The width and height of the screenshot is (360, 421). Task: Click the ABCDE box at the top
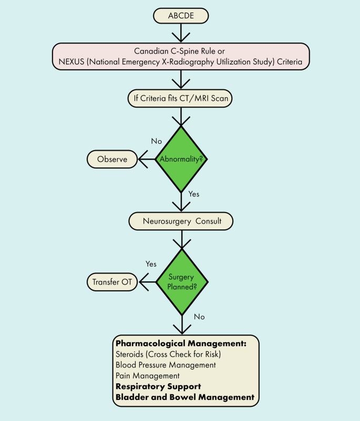pyautogui.click(x=180, y=16)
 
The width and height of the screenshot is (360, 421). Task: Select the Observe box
pyautogui.click(x=112, y=159)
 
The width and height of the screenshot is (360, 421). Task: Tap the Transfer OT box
pyautogui.click(x=111, y=282)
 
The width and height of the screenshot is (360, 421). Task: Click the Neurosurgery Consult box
pyautogui.click(x=181, y=221)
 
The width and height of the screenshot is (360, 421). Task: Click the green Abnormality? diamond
pyautogui.click(x=181, y=159)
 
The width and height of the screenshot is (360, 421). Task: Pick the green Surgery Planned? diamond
pyautogui.click(x=181, y=281)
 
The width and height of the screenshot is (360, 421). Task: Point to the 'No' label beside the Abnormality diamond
pyautogui.click(x=156, y=141)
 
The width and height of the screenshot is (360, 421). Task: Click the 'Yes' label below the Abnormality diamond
pyautogui.click(x=194, y=194)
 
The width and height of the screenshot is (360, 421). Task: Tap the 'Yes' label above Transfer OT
pyautogui.click(x=151, y=264)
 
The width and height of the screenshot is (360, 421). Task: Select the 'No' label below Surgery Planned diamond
pyautogui.click(x=199, y=317)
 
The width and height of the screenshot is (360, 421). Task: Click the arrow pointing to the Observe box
pyautogui.click(x=146, y=159)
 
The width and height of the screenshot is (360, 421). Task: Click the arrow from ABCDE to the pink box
pyautogui.click(x=181, y=33)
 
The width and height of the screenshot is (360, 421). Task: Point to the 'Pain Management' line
pyautogui.click(x=148, y=375)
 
